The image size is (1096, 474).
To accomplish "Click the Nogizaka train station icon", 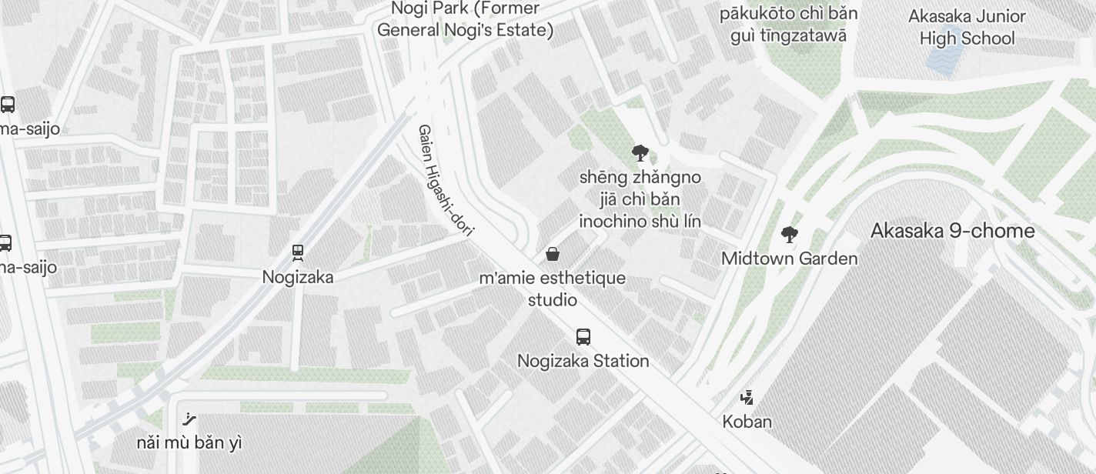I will click(298, 252).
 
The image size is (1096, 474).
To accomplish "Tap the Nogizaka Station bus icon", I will click(583, 337).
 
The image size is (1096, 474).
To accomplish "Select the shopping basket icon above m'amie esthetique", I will click(553, 254).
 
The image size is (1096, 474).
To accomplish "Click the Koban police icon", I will click(747, 398).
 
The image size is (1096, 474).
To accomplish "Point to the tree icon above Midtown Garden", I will click(789, 235).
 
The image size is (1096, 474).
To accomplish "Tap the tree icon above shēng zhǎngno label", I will click(640, 153).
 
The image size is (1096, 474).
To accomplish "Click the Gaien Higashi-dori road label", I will click(446, 180).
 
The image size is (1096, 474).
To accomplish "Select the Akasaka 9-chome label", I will click(952, 231).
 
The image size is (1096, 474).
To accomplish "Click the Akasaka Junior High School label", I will click(967, 27).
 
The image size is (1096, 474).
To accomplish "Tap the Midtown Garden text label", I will click(789, 259).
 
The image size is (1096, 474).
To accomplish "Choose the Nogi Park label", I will click(465, 19).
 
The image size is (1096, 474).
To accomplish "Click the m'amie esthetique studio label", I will click(552, 289).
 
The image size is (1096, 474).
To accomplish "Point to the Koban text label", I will click(747, 422).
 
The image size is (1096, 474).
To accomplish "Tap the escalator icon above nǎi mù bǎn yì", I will click(189, 419).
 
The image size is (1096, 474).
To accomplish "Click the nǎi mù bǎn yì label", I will click(189, 442).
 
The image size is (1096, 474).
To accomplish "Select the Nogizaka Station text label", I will click(583, 361).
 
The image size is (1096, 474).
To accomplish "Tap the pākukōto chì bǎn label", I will click(788, 14).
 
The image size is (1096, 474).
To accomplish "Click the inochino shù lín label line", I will click(640, 222).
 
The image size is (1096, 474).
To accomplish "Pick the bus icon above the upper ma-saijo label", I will click(8, 105).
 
